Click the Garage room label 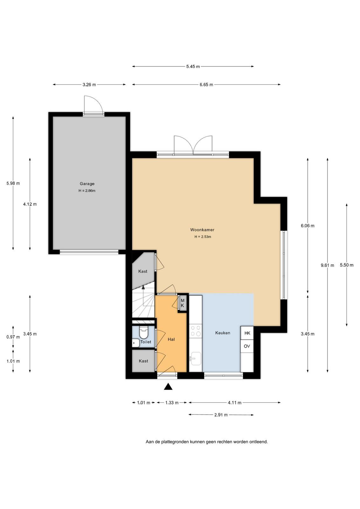87,184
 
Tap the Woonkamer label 202,230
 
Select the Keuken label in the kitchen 223,333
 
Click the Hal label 171,339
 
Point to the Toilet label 146,342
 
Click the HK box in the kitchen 247,333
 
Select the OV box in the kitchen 247,346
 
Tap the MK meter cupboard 182,303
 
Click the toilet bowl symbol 143,333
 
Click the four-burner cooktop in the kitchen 196,331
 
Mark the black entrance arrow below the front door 168,386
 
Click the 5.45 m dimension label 193,66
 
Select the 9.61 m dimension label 327,265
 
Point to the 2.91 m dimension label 221,415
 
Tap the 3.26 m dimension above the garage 89,85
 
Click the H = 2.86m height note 87,191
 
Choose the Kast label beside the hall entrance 143,361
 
